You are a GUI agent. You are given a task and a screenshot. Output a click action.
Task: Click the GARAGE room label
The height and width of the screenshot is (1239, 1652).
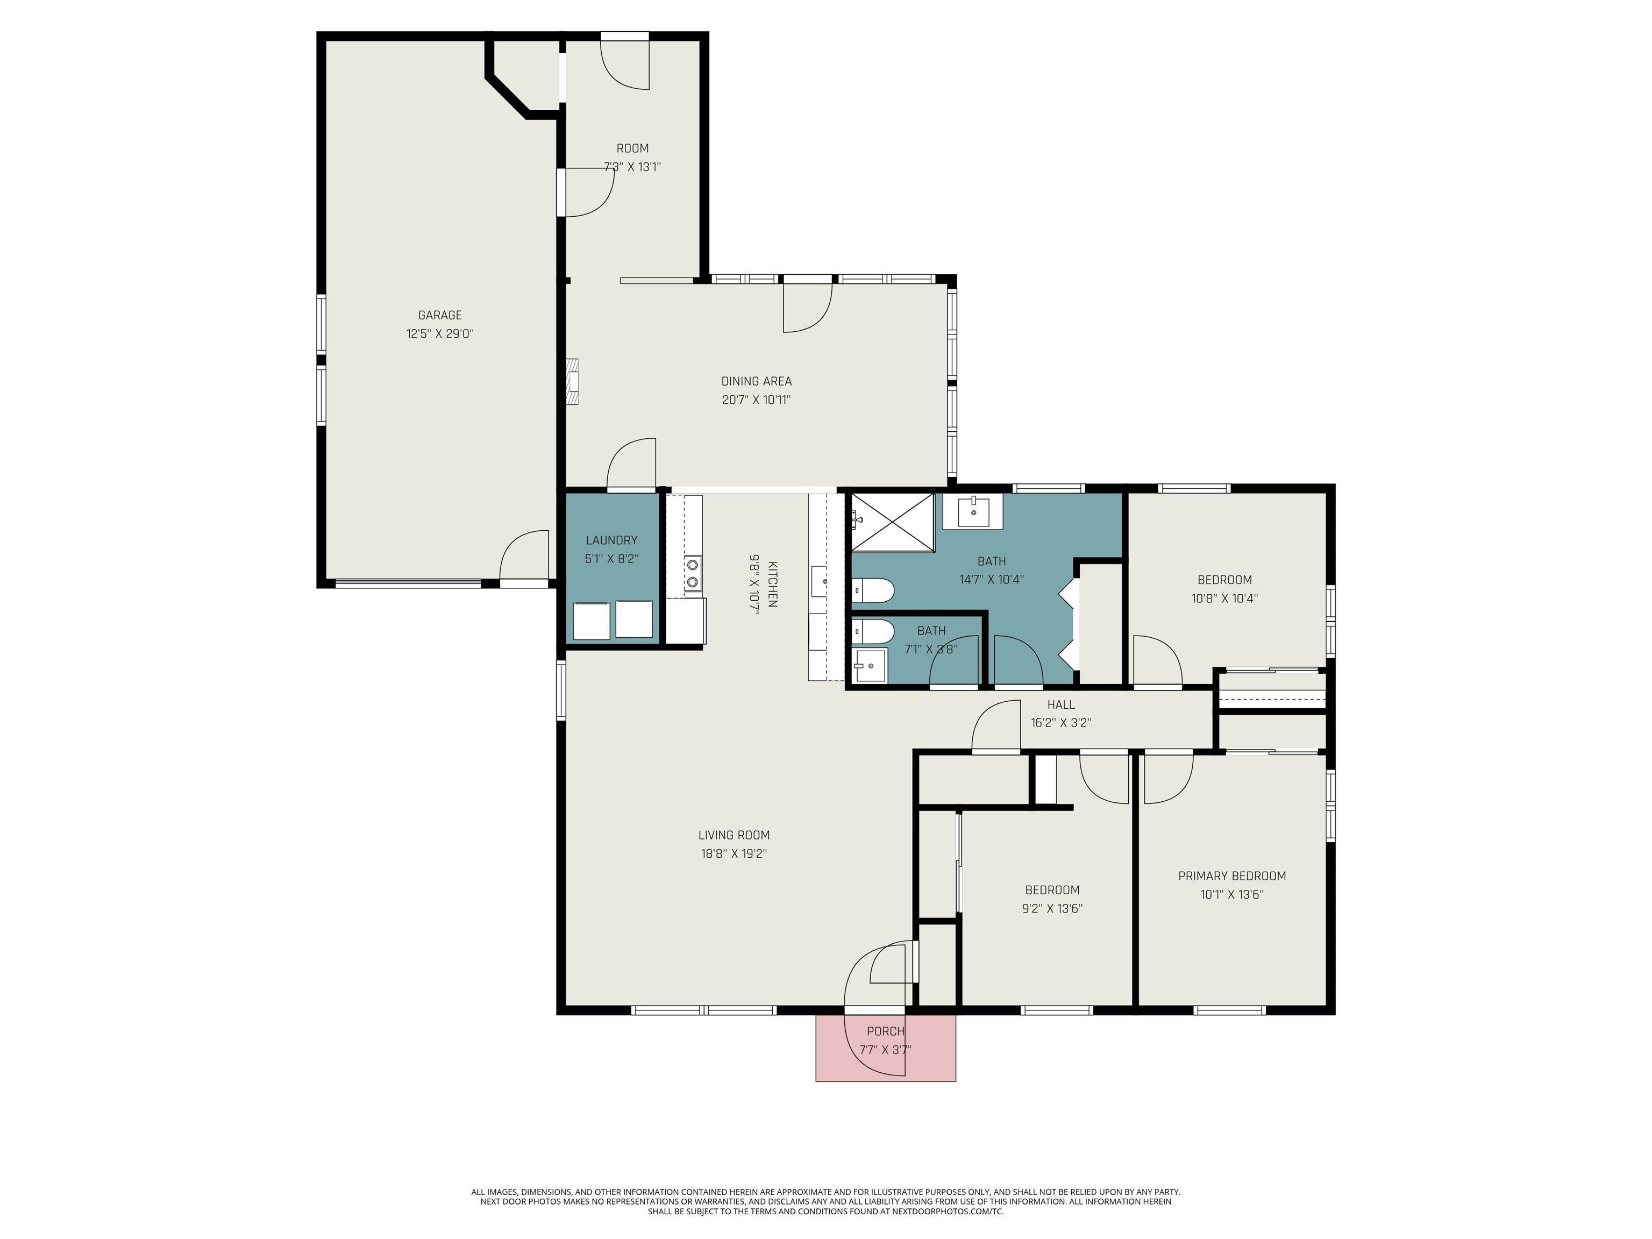[440, 315]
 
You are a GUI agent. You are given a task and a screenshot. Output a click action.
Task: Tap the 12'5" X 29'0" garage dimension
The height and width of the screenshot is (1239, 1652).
[440, 334]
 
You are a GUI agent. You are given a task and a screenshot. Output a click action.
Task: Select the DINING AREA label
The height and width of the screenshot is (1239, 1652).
[756, 381]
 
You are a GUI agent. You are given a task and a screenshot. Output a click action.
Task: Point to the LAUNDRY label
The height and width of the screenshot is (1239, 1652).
[611, 540]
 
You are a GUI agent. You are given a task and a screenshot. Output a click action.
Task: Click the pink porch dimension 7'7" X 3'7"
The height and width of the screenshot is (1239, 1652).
[885, 1049]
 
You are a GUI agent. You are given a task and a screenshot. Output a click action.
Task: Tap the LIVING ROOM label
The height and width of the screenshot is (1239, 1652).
[734, 835]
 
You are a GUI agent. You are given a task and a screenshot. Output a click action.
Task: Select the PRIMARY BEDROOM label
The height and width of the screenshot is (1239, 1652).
[1231, 876]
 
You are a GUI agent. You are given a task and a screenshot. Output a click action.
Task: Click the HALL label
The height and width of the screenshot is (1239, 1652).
[1060, 704]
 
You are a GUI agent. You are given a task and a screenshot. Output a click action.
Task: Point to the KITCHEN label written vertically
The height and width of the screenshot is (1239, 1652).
[772, 584]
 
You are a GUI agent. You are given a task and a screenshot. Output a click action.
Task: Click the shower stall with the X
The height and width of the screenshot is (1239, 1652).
[893, 522]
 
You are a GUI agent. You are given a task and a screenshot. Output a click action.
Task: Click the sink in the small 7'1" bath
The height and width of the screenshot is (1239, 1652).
[870, 665]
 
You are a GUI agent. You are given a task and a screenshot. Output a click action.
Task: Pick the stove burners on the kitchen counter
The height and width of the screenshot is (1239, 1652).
[693, 573]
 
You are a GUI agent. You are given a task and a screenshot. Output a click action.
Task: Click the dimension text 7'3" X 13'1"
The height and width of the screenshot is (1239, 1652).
[632, 167]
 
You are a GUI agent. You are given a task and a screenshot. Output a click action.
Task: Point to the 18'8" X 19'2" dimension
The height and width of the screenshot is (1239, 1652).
[734, 853]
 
